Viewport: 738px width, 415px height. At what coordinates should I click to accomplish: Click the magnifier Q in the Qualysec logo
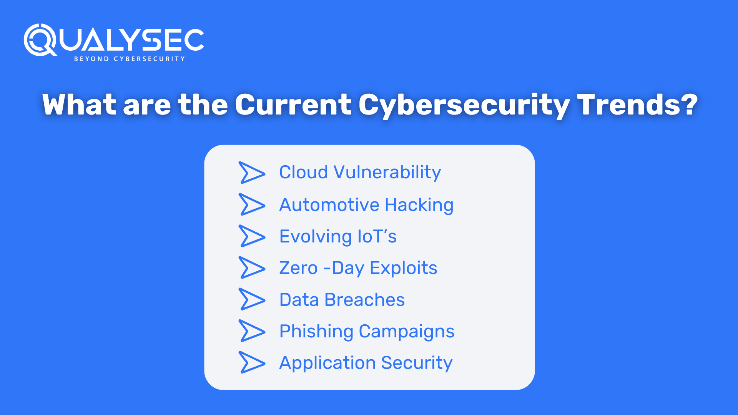pyautogui.click(x=40, y=40)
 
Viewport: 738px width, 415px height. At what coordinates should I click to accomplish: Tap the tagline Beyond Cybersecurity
pyautogui.click(x=130, y=59)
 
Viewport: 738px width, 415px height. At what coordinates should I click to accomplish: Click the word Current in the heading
pyautogui.click(x=293, y=105)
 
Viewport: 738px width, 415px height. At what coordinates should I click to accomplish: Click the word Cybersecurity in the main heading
pyautogui.click(x=464, y=105)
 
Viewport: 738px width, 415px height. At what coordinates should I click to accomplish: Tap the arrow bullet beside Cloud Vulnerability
pyautogui.click(x=252, y=173)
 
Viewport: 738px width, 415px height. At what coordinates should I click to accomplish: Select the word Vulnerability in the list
pyautogui.click(x=387, y=173)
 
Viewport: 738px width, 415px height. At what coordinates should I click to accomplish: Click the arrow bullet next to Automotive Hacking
pyautogui.click(x=252, y=204)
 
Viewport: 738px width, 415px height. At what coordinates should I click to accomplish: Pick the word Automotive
pyautogui.click(x=329, y=205)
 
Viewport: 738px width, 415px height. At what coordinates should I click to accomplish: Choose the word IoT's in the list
pyautogui.click(x=377, y=236)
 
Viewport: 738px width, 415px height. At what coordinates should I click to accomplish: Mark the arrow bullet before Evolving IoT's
pyautogui.click(x=252, y=236)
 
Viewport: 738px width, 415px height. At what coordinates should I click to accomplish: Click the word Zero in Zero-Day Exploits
pyautogui.click(x=298, y=268)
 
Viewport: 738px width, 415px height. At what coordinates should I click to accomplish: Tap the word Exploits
pyautogui.click(x=403, y=268)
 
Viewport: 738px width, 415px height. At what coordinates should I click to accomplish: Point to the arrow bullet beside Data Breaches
pyautogui.click(x=252, y=299)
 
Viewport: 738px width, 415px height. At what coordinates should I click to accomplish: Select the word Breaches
pyautogui.click(x=364, y=300)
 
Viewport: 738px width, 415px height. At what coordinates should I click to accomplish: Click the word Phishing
pyautogui.click(x=316, y=332)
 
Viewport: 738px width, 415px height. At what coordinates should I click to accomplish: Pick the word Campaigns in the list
pyautogui.click(x=406, y=332)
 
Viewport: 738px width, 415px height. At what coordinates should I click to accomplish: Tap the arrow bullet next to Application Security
pyautogui.click(x=252, y=362)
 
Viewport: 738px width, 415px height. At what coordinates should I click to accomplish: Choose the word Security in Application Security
pyautogui.click(x=417, y=363)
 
